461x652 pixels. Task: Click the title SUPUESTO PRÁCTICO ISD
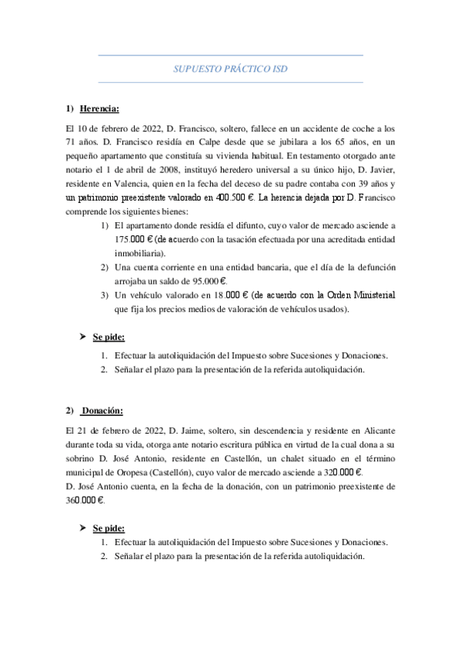(230, 68)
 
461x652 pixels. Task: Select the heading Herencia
(99, 110)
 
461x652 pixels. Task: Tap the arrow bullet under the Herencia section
(84, 337)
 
